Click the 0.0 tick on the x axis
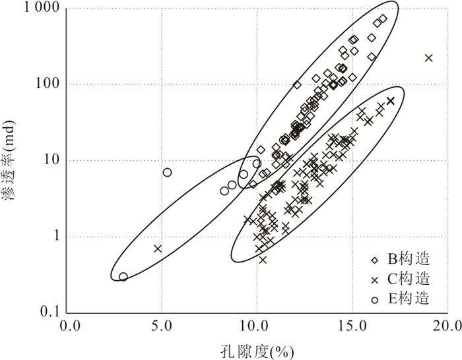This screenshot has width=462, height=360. click(x=69, y=326)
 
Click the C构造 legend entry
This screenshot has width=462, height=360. click(x=404, y=280)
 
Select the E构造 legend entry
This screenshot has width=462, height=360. click(x=404, y=299)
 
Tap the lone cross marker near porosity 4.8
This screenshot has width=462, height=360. click(x=158, y=249)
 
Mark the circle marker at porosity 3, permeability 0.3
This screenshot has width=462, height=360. click(x=123, y=277)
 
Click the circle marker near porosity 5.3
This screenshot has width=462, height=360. click(x=167, y=172)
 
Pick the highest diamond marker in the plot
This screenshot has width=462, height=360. click(x=383, y=18)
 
